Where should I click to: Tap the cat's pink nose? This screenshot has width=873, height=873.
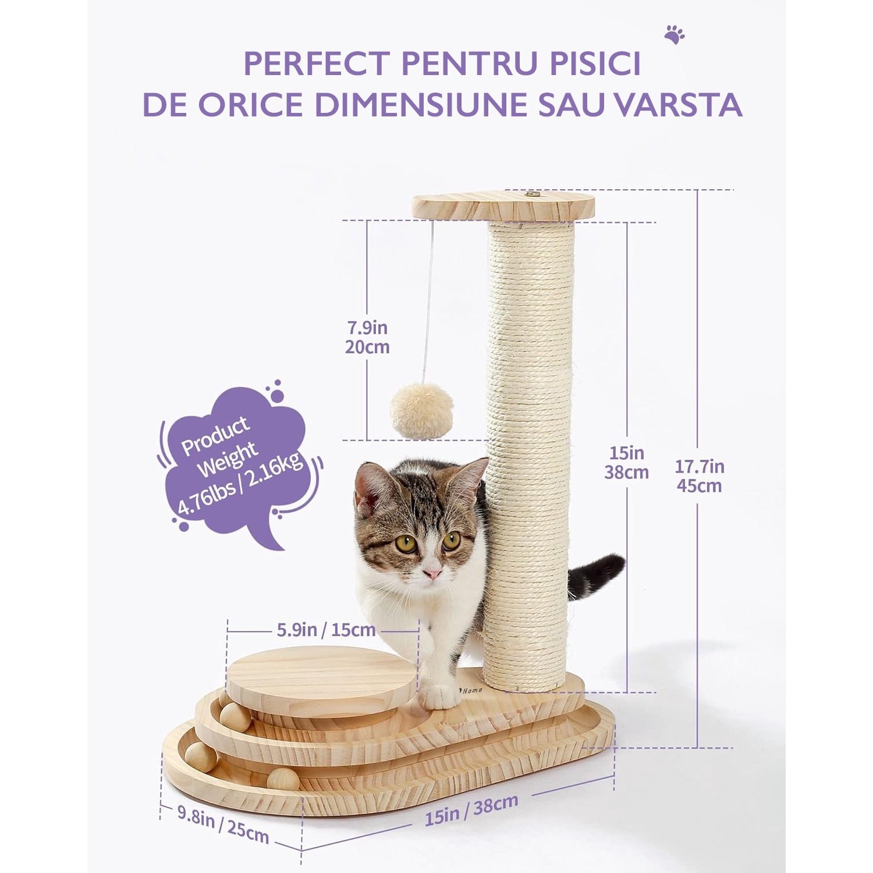tap(432, 574)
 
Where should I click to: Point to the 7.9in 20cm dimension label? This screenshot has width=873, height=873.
tap(367, 338)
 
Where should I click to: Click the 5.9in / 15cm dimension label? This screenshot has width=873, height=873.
tap(325, 629)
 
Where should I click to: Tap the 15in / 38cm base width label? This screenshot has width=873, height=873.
tap(471, 810)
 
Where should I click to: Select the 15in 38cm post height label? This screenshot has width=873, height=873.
tap(626, 462)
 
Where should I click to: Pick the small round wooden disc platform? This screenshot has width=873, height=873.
tap(321, 680)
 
